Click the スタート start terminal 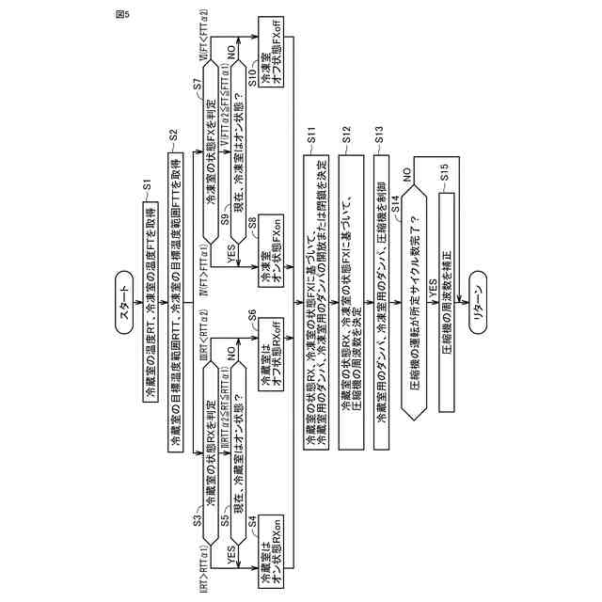point(125,301)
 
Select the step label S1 point(147,184)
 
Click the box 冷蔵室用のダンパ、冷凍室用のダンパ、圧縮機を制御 point(380,301)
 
